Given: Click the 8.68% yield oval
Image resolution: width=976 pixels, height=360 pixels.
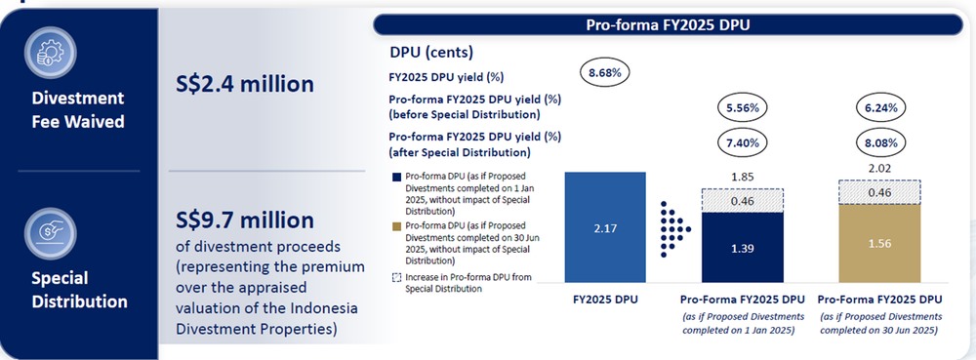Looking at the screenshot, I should [605, 72].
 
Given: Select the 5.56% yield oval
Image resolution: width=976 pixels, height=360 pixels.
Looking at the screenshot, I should [745, 106].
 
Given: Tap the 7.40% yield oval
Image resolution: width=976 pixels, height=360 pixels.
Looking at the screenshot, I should [745, 142].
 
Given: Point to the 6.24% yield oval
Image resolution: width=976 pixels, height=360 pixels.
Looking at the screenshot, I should [880, 106].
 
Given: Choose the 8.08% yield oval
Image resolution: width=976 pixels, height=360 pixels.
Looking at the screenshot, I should [880, 142].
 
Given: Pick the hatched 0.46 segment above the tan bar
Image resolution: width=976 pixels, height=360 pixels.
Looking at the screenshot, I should [880, 193].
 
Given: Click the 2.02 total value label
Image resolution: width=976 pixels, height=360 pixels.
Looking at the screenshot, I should [880, 168].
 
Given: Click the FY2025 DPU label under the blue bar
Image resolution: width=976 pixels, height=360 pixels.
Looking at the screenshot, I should [605, 300].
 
